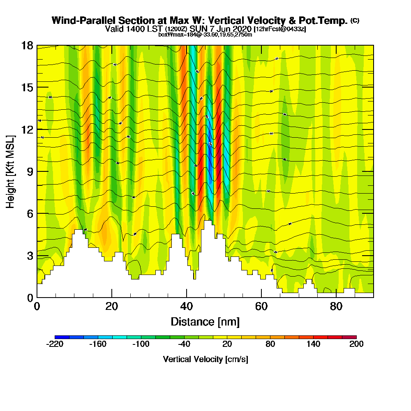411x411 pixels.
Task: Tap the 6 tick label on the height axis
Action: click(x=30, y=213)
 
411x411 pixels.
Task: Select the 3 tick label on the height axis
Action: click(x=30, y=256)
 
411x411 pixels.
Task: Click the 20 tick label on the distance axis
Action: click(x=112, y=306)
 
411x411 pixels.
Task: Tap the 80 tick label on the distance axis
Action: click(x=336, y=306)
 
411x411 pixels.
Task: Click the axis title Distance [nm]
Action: click(x=205, y=321)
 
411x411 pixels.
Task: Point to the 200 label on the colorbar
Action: click(x=356, y=344)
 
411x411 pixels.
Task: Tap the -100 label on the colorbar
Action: click(x=141, y=344)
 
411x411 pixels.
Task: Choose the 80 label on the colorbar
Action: click(x=270, y=344)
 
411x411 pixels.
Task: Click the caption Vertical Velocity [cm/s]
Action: click(x=205, y=359)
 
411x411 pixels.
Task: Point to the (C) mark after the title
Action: click(x=355, y=21)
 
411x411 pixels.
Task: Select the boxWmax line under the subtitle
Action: click(x=205, y=35)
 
